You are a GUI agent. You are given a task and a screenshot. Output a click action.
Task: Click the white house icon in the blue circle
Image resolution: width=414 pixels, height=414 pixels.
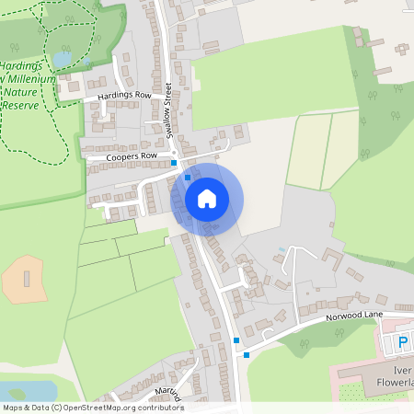207,199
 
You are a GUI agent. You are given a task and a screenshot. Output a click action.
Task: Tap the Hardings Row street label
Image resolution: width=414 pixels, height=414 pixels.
123,96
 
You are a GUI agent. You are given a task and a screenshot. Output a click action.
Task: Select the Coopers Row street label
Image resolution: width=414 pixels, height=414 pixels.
125,156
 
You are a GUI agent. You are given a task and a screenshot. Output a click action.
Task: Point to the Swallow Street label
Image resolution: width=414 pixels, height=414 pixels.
169,110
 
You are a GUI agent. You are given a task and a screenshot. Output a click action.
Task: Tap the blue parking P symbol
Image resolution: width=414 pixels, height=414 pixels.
402,344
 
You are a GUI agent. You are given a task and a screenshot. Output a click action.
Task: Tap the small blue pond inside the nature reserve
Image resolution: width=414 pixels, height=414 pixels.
63,59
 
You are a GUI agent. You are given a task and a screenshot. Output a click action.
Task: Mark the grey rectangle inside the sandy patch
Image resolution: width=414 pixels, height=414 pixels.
27,278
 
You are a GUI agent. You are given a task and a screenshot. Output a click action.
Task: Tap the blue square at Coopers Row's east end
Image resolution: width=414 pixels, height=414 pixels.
175,163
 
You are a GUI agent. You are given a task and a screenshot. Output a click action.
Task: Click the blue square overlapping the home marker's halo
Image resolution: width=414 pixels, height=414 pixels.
188,177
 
